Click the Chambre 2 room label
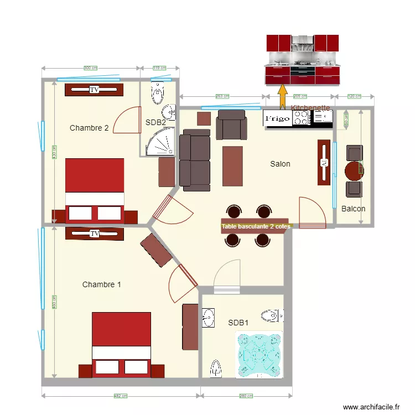[89, 128]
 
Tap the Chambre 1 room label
[102, 284]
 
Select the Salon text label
[280, 164]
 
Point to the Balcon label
[353, 209]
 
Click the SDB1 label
[238, 323]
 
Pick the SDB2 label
[155, 122]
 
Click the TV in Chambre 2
[94, 89]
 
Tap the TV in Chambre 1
[94, 234]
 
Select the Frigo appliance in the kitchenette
[277, 118]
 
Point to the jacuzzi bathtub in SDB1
[259, 354]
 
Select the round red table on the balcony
[354, 171]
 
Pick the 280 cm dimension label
[246, 396]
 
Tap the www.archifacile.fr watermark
[371, 407]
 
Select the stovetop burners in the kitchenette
[301, 117]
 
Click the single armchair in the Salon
[231, 124]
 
